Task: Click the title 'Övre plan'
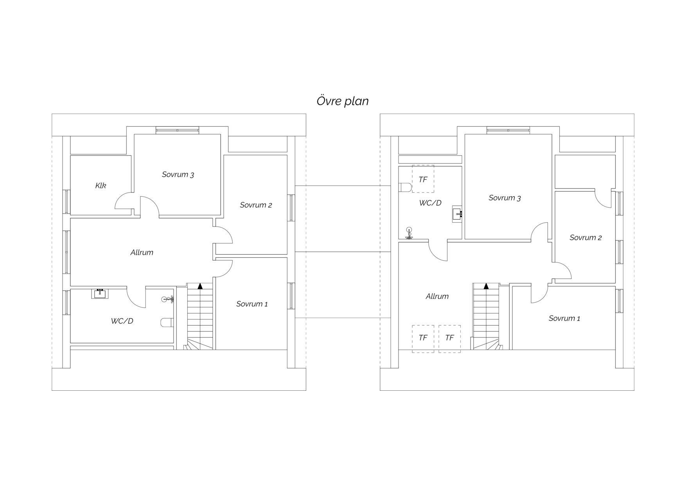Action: pyautogui.click(x=343, y=101)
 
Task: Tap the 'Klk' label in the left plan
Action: pyautogui.click(x=101, y=185)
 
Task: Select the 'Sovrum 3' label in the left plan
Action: pyautogui.click(x=178, y=174)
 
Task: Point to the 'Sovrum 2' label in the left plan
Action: pyautogui.click(x=256, y=205)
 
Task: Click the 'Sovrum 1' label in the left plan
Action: pyautogui.click(x=252, y=304)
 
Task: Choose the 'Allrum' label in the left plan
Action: pyautogui.click(x=142, y=252)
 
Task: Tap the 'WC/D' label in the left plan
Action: pyautogui.click(x=122, y=321)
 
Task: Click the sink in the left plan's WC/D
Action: pyautogui.click(x=99, y=293)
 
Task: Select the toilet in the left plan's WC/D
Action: pyautogui.click(x=167, y=322)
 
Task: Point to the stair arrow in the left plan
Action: pyautogui.click(x=200, y=286)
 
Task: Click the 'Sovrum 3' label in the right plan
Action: pyautogui.click(x=505, y=198)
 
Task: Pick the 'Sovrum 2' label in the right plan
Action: pyautogui.click(x=585, y=237)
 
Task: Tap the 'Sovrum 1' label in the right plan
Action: pyautogui.click(x=564, y=318)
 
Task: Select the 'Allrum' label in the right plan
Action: pyautogui.click(x=437, y=296)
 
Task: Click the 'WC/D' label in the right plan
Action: pyautogui.click(x=430, y=203)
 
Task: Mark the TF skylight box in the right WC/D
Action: pyautogui.click(x=423, y=179)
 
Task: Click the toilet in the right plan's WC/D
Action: pyautogui.click(x=405, y=188)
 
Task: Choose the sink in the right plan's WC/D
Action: pyautogui.click(x=457, y=214)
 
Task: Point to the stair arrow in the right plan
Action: pyautogui.click(x=486, y=286)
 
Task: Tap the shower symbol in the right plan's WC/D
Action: pyautogui.click(x=409, y=233)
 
